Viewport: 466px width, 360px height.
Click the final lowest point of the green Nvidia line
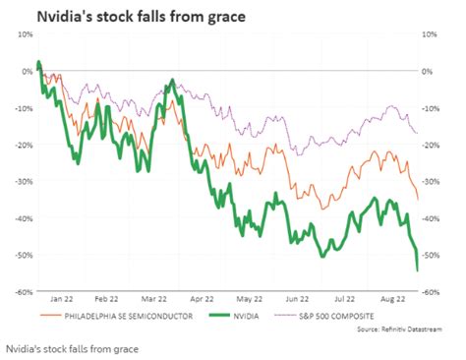click(x=417, y=270)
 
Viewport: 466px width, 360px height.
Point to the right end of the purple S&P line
click(x=417, y=133)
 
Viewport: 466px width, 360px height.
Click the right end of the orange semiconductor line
click(x=417, y=198)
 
